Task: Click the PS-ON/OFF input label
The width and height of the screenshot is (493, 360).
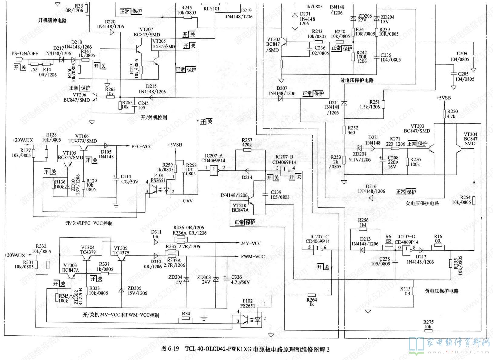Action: point(25,53)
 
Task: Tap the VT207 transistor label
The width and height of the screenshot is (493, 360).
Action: point(146,30)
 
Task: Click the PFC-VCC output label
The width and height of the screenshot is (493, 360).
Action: point(142,147)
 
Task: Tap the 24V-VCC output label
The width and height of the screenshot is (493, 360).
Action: point(251,243)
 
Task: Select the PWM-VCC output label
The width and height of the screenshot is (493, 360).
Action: point(253,257)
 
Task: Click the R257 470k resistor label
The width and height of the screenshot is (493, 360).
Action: point(247,142)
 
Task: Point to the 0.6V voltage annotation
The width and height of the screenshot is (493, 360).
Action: point(188,201)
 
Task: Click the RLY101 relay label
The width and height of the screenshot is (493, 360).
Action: point(212,9)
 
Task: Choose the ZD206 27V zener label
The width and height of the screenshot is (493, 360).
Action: point(365,18)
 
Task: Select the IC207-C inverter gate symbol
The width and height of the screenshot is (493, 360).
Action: point(317,250)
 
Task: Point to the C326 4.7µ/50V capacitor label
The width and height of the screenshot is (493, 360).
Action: point(240,280)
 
